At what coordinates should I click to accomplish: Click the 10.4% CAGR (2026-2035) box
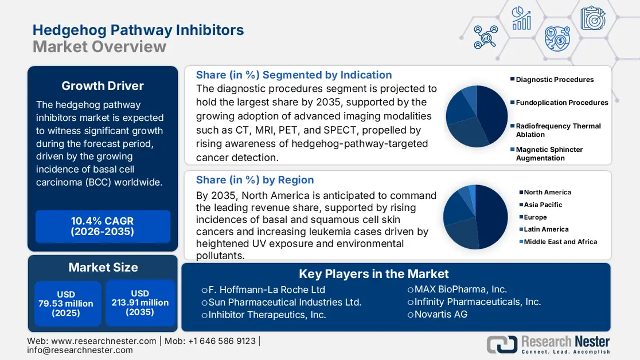tap(103, 226)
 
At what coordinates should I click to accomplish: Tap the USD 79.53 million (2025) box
tap(66, 304)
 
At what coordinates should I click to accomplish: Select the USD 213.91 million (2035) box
tap(140, 303)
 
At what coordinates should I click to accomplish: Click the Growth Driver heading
tap(103, 86)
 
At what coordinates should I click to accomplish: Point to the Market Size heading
tap(103, 267)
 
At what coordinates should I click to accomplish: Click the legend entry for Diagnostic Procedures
tap(554, 80)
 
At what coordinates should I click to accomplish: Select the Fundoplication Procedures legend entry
tap(561, 103)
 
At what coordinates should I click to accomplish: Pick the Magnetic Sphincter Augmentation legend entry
tap(548, 154)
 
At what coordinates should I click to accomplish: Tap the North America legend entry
tap(547, 192)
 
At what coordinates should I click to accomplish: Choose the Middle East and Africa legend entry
tap(560, 242)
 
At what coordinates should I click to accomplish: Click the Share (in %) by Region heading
tap(255, 179)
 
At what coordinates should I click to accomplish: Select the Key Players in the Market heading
tap(374, 274)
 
